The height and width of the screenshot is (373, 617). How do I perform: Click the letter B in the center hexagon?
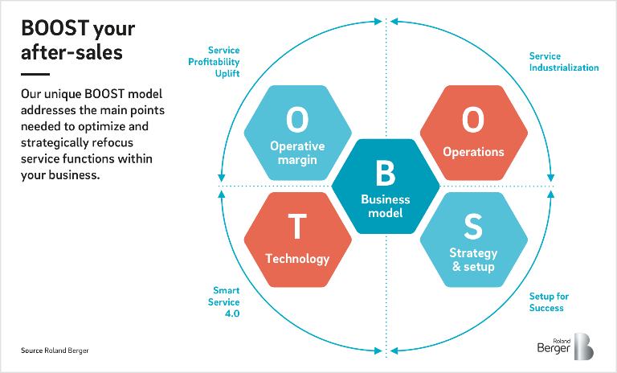click(386, 173)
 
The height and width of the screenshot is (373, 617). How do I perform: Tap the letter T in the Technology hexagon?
click(297, 226)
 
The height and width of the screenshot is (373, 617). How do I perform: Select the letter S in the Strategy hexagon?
click(473, 226)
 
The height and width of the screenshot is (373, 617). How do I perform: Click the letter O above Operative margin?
click(297, 119)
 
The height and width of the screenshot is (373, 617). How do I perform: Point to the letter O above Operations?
click(473, 119)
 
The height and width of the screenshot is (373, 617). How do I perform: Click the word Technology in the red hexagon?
click(297, 259)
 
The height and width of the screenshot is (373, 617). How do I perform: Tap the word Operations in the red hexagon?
click(473, 152)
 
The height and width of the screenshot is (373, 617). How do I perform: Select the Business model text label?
click(386, 206)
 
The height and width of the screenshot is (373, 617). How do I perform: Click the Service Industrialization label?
click(564, 62)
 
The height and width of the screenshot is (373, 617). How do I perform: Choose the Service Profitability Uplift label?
click(214, 62)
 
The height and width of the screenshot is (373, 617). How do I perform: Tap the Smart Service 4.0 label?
click(224, 301)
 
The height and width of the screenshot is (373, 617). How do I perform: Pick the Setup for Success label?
click(549, 302)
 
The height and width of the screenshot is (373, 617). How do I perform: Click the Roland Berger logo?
click(566, 346)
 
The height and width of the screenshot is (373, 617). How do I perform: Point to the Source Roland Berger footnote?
click(55, 350)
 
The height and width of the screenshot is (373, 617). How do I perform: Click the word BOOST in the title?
click(55, 28)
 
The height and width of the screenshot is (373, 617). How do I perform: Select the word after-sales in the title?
click(72, 52)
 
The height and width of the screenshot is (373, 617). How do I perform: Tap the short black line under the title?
click(35, 74)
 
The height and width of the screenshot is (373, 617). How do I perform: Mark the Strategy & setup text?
click(473, 260)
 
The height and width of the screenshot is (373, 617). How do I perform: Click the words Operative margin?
click(297, 153)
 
